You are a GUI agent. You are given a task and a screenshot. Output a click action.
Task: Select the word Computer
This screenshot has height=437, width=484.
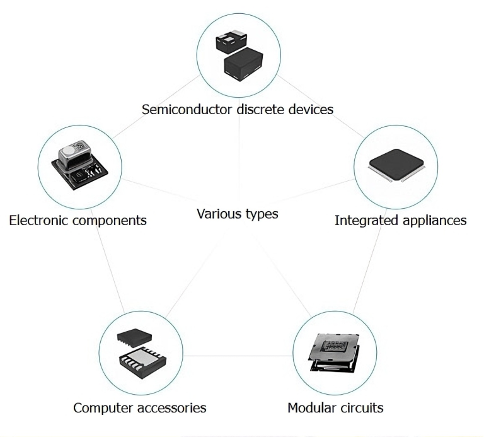pos(103,407)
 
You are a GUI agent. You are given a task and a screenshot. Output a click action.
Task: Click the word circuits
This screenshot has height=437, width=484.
pos(362,407)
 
